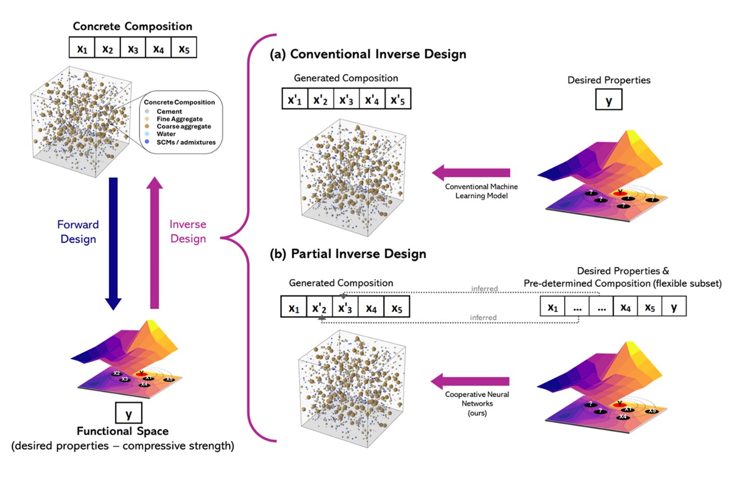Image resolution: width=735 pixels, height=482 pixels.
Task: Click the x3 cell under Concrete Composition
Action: tap(133, 48)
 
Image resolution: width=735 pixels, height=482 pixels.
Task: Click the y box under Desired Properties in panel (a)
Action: tap(608, 101)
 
